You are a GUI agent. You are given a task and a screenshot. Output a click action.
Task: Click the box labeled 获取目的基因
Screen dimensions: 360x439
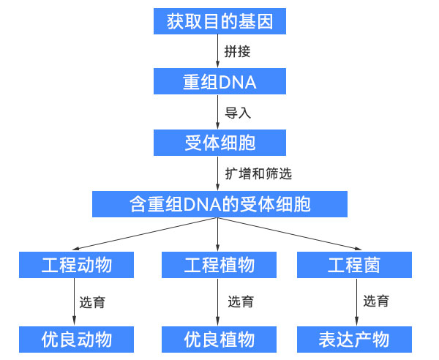click(219, 21)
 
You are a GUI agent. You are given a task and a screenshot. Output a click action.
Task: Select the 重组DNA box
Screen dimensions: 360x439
click(219, 82)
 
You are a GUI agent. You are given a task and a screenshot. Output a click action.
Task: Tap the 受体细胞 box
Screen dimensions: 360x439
click(219, 142)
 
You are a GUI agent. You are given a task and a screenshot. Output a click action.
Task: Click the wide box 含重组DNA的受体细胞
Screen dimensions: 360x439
click(219, 203)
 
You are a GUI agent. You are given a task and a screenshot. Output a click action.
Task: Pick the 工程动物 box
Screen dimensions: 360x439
click(76, 264)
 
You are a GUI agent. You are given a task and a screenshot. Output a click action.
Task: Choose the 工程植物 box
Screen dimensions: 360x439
click(219, 264)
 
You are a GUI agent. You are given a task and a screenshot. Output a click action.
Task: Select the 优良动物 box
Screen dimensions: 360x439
click(76, 340)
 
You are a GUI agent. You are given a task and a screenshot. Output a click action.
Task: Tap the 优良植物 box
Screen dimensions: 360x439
click(219, 340)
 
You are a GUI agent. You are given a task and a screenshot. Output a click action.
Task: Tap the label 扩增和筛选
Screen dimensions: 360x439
click(258, 173)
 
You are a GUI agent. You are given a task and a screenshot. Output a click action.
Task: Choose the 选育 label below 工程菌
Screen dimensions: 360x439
click(376, 301)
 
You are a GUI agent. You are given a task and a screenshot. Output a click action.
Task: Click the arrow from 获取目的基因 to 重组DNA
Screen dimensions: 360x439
click(219, 51)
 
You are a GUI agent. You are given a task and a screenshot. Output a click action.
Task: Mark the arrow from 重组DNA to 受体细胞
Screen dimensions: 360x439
click(219, 112)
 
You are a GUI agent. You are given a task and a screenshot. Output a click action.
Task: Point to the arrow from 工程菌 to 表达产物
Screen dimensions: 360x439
click(356, 301)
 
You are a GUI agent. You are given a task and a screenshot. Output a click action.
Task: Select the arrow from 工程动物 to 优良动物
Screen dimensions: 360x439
click(76, 301)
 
